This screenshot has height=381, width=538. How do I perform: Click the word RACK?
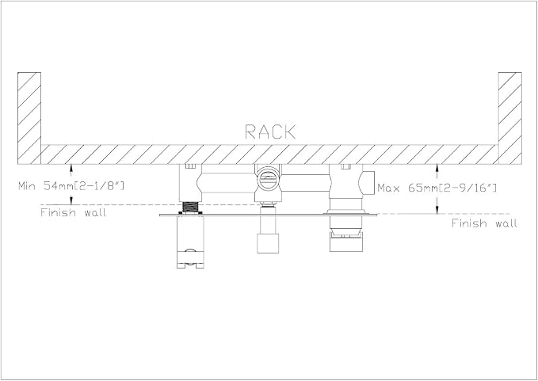270,132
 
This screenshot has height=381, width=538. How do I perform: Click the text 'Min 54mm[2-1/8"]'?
71,186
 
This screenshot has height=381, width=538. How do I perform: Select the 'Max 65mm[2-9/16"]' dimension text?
437,188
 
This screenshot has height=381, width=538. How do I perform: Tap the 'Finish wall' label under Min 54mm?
73,212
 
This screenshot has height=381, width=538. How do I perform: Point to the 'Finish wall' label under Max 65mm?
484,223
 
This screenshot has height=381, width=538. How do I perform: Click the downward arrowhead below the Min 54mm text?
71,201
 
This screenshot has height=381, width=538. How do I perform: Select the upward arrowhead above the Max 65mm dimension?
437,168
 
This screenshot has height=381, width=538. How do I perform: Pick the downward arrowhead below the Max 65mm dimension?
437,210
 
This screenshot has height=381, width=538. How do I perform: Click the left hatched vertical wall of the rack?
29,118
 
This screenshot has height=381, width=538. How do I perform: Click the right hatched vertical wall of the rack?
509,118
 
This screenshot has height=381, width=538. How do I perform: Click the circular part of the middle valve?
268,178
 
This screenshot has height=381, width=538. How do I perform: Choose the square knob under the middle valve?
268,243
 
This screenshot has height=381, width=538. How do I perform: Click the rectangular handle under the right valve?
345,242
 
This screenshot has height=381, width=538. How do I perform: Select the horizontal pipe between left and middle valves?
227,182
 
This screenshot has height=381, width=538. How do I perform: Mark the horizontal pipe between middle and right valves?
305,183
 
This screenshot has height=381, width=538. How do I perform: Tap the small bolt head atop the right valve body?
345,166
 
